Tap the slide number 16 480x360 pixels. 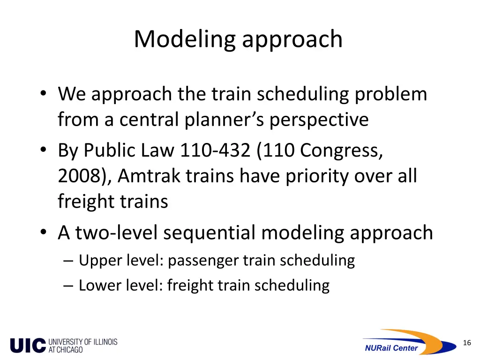tap(466, 343)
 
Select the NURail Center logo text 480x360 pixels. tap(391, 348)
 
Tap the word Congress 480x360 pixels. tap(341, 151)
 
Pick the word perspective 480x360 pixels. tap(319, 120)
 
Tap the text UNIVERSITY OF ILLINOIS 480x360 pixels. tap(82, 342)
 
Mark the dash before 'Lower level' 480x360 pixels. tap(68, 285)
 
